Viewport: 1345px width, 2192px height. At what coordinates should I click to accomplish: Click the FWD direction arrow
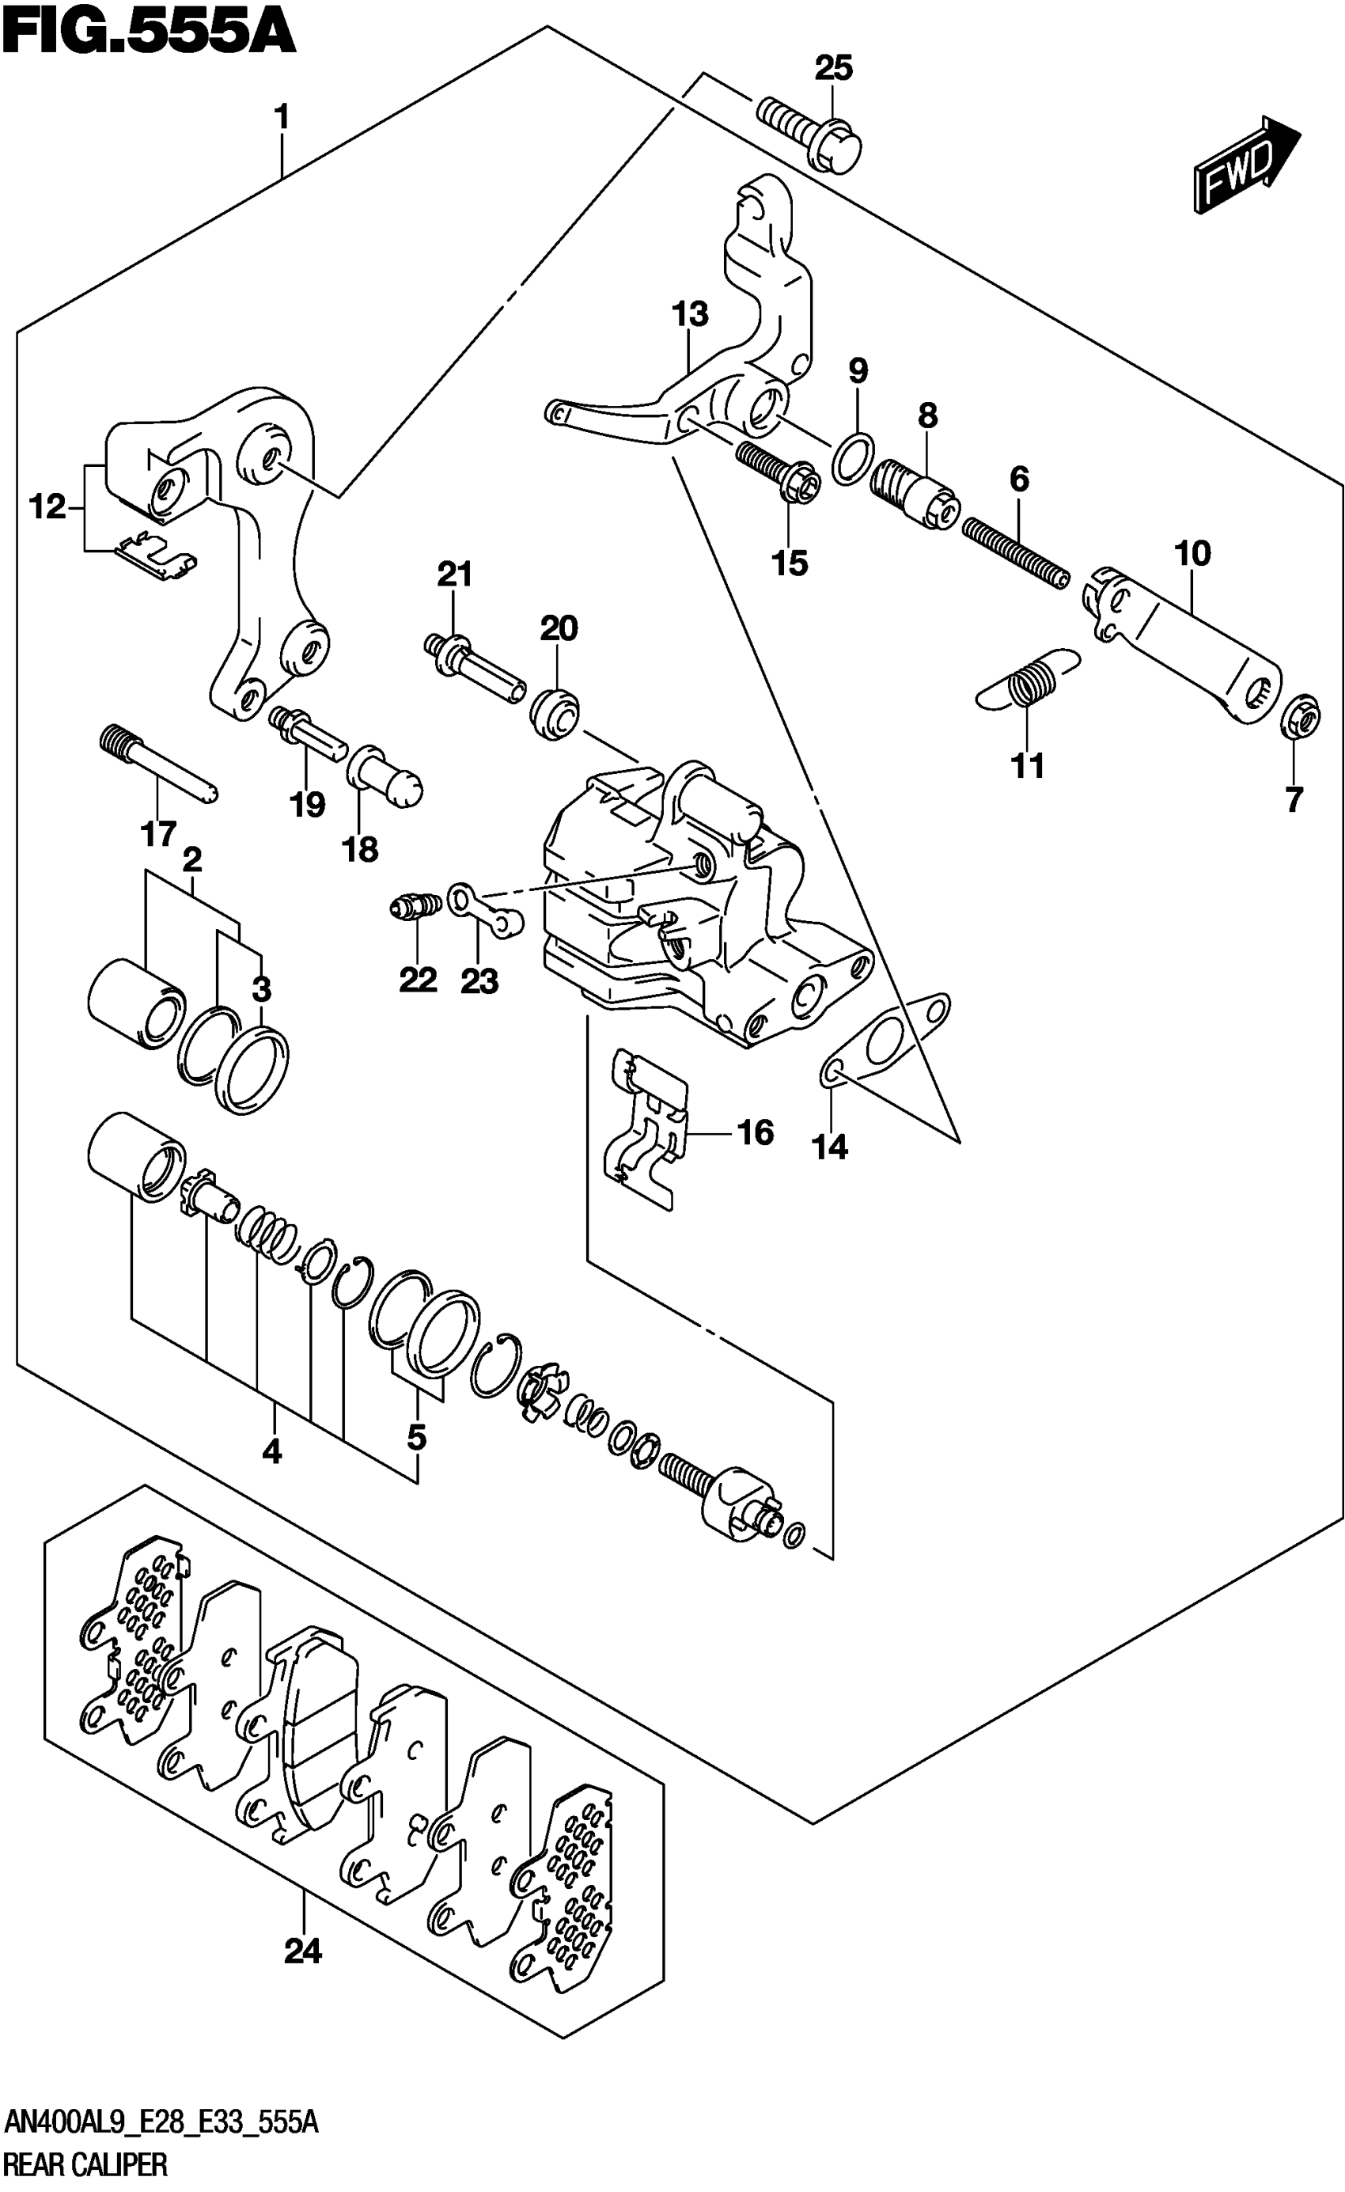coord(1245,166)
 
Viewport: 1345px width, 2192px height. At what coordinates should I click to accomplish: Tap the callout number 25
coord(834,67)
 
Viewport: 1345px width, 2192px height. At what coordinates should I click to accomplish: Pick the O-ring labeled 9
coord(852,459)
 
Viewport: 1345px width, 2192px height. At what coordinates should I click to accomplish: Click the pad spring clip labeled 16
coord(648,1131)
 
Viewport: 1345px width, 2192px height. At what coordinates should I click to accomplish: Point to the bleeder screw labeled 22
coord(413,908)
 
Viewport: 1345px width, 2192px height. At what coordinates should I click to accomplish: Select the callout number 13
coord(689,314)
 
